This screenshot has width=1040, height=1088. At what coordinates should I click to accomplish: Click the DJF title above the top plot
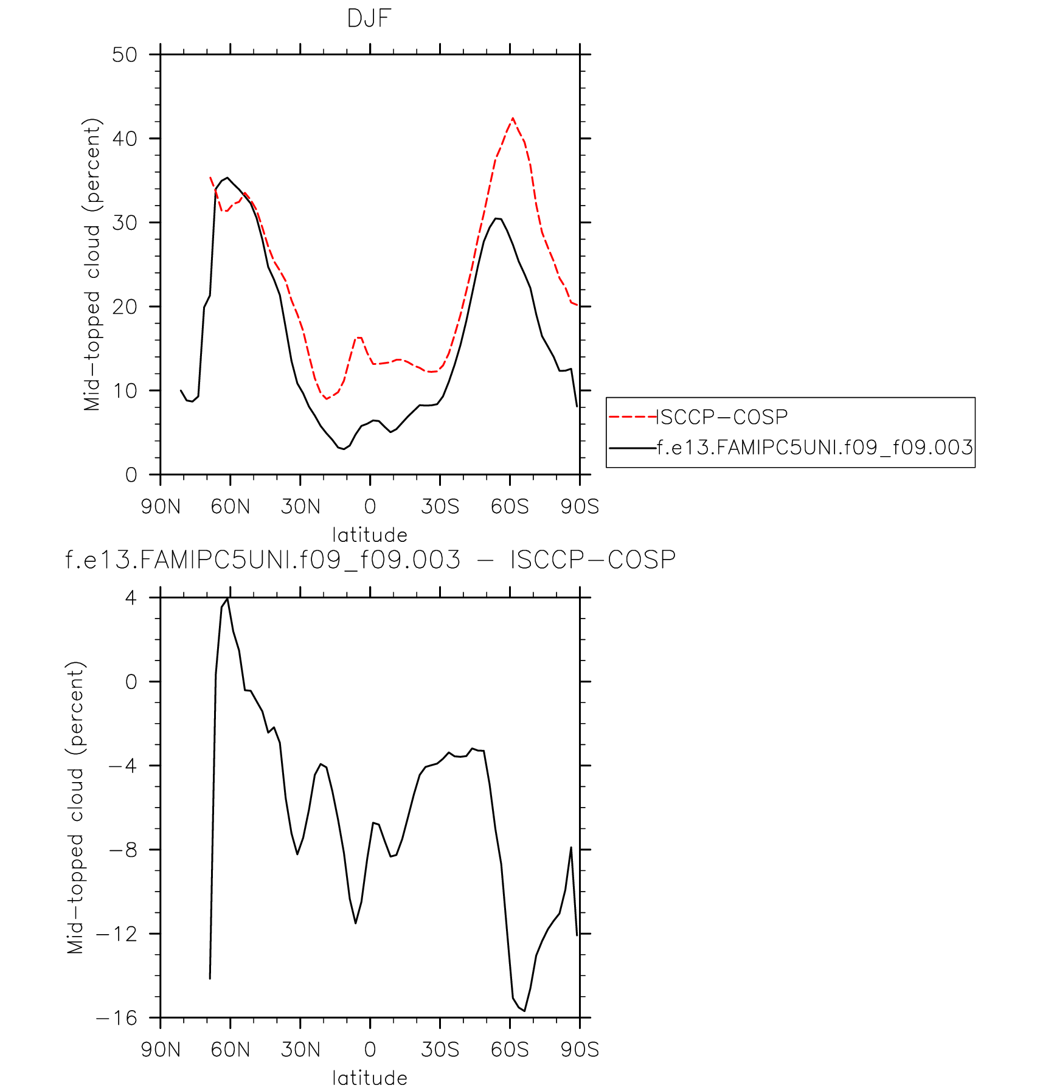369,19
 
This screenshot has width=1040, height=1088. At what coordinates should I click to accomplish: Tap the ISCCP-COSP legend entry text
723,417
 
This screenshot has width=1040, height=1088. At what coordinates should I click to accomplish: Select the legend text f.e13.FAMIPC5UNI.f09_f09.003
815,448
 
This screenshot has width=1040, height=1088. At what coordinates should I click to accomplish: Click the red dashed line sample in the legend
633,417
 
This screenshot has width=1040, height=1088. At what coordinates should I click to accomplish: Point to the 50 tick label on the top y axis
125,55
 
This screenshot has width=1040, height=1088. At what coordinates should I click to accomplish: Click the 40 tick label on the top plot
125,139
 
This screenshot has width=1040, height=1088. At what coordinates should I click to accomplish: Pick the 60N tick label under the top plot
230,506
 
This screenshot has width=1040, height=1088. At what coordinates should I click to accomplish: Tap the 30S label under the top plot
440,506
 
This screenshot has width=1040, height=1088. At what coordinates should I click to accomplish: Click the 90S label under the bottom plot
580,1049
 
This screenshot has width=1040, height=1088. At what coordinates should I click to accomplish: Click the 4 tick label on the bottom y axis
131,598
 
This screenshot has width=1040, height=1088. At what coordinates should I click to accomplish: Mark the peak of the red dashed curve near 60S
513,119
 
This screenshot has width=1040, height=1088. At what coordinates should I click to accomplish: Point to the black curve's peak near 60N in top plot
227,178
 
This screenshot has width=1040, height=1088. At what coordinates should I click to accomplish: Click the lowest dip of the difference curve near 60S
524,1011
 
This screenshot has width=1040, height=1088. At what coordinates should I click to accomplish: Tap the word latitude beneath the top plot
370,535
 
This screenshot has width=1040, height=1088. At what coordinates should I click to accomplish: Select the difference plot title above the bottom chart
370,560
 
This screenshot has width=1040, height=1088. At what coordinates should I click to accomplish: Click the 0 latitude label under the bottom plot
370,1049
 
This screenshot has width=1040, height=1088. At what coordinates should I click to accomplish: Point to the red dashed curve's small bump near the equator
359,338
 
